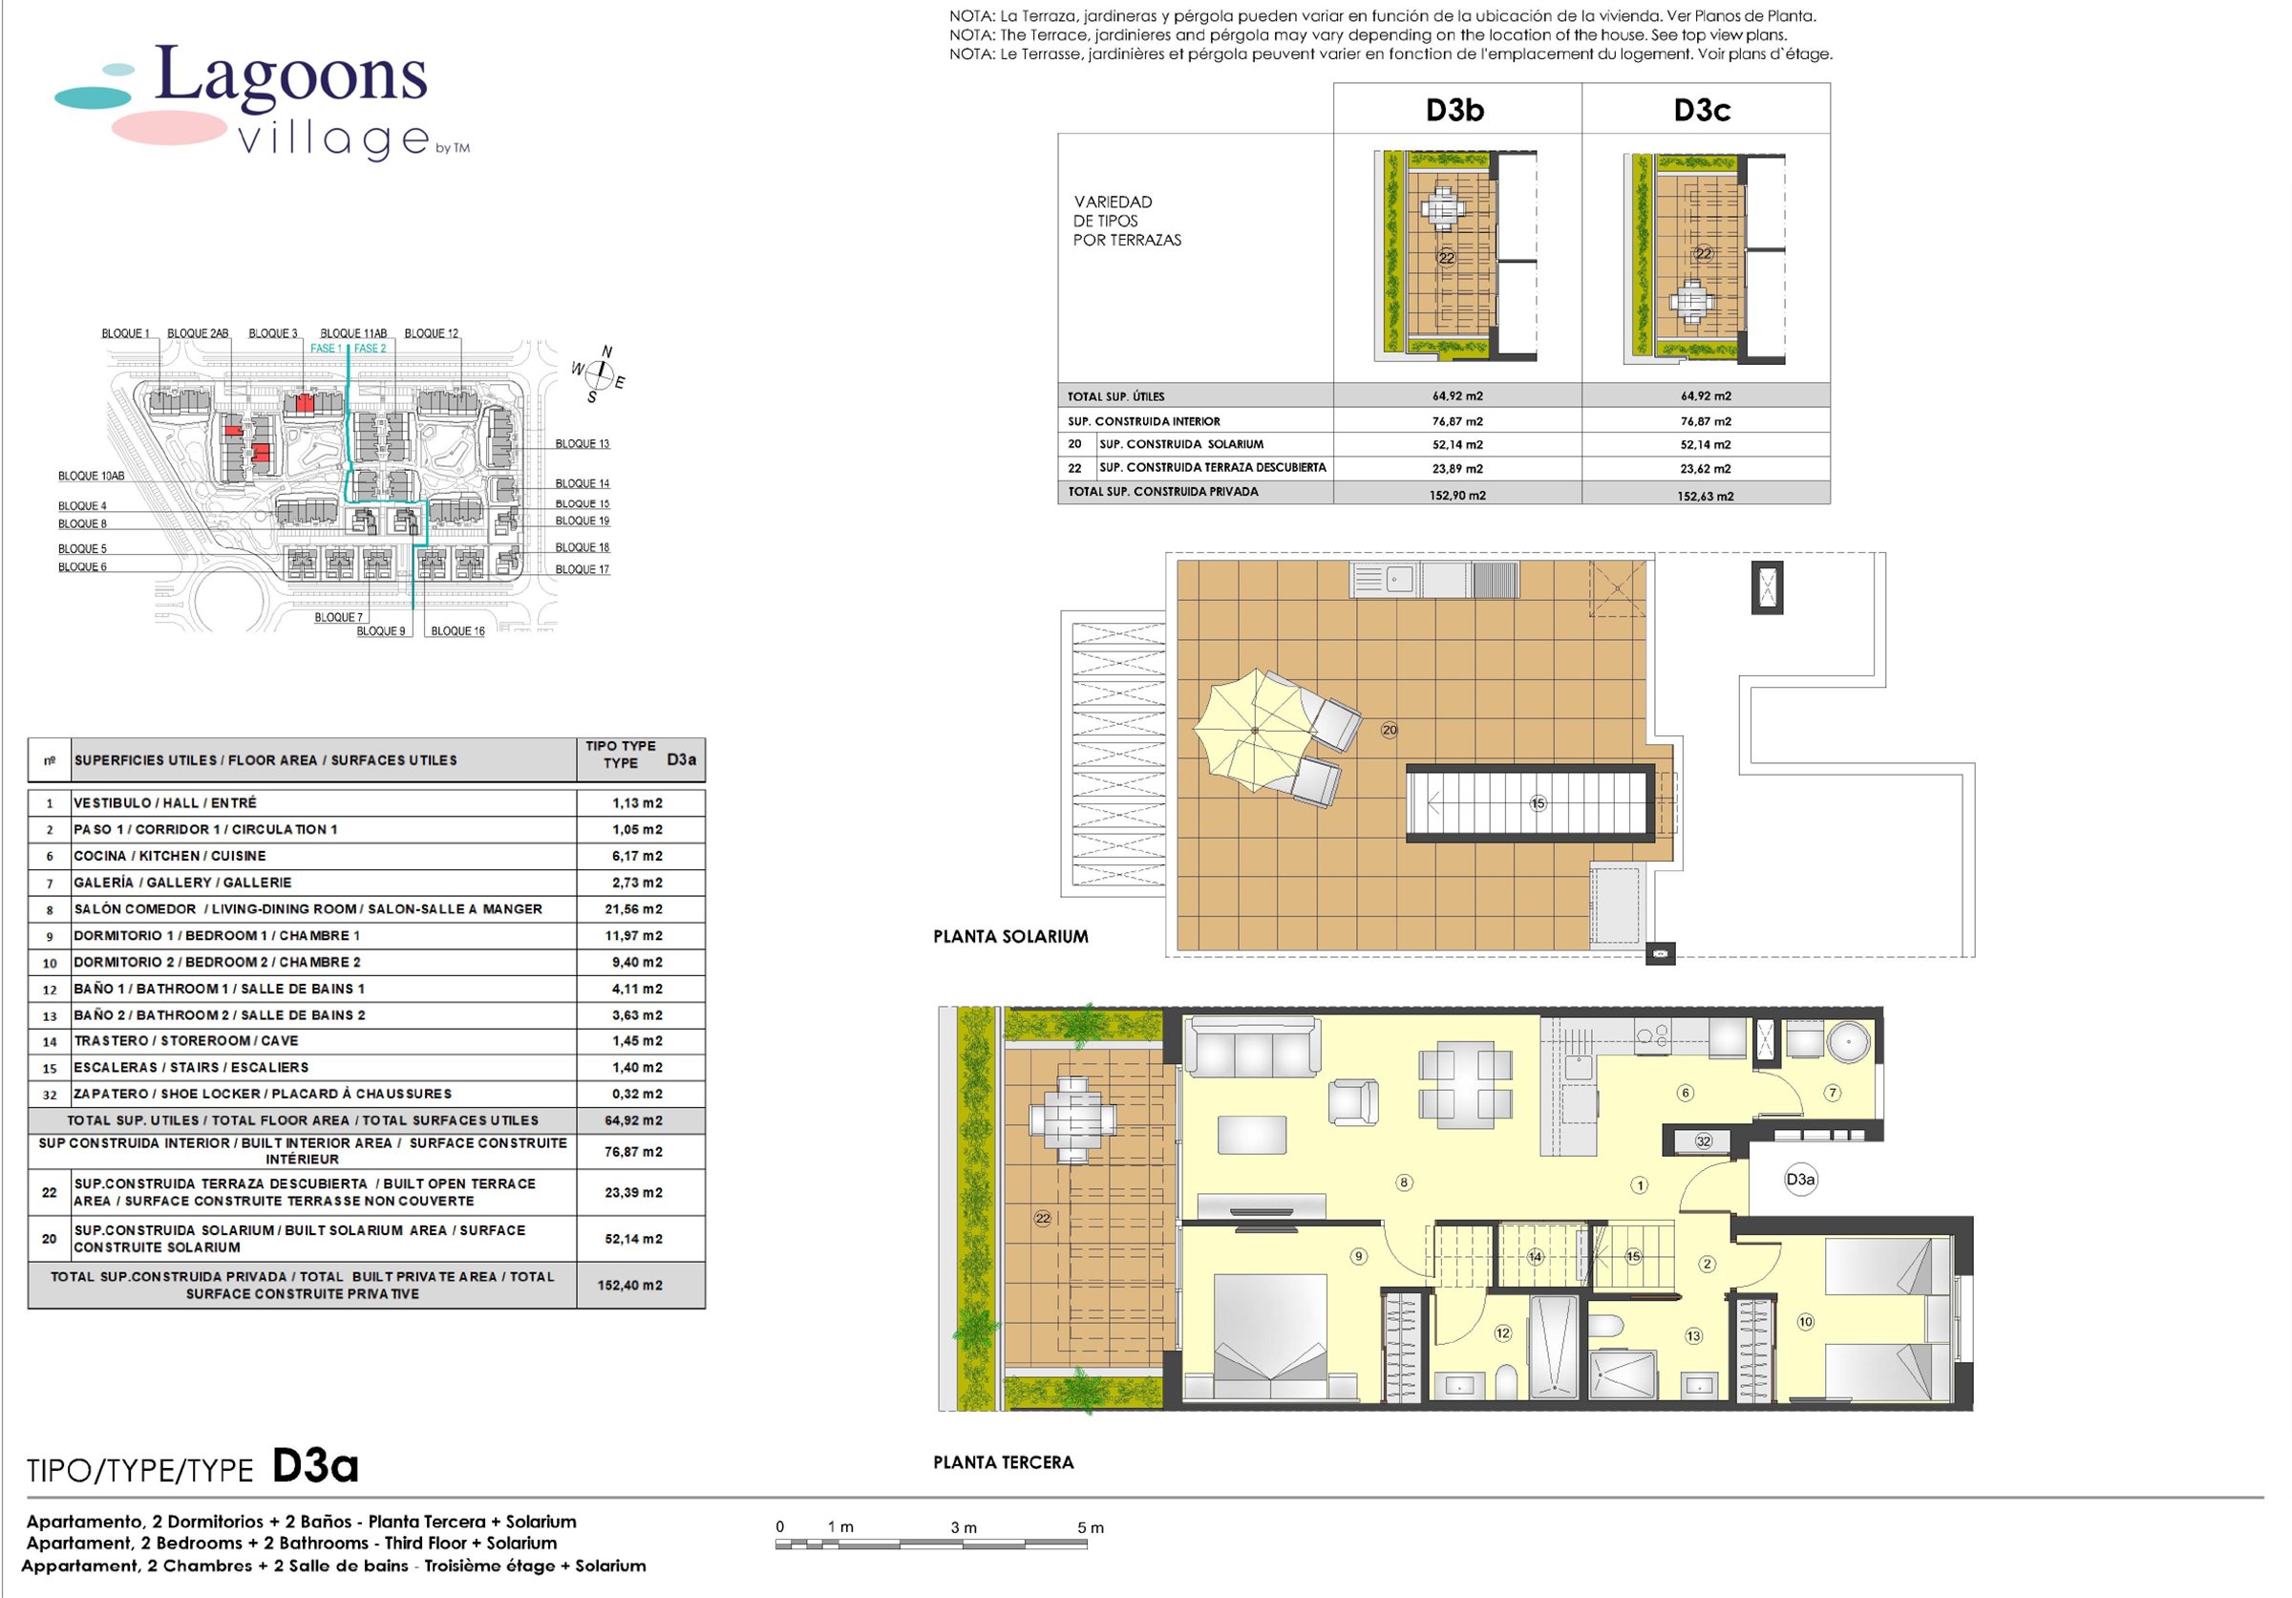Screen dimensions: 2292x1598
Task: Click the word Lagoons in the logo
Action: click(x=291, y=76)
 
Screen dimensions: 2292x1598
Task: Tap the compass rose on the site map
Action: click(x=599, y=374)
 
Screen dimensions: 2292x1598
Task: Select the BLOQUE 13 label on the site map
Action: click(x=582, y=444)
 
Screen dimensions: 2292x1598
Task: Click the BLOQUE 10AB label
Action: click(x=91, y=476)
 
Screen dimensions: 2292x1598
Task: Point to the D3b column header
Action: click(x=1454, y=110)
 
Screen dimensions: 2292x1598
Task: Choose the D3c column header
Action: click(x=1702, y=110)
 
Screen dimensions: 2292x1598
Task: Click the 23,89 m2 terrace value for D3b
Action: click(x=1457, y=468)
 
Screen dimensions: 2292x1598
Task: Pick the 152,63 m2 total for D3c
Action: click(x=1705, y=496)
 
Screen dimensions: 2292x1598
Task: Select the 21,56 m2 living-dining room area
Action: click(x=637, y=909)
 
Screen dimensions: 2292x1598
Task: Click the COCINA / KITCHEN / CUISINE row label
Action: click(x=170, y=857)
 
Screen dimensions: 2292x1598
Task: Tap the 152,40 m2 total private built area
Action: click(x=630, y=1286)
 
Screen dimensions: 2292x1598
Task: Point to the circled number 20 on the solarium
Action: click(x=1390, y=731)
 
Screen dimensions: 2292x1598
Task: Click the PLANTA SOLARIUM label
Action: click(x=1010, y=936)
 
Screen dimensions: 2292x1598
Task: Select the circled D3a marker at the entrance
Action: click(x=1800, y=1180)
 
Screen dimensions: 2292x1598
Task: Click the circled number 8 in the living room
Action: click(x=1405, y=1183)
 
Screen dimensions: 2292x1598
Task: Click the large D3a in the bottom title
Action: click(x=314, y=1466)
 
